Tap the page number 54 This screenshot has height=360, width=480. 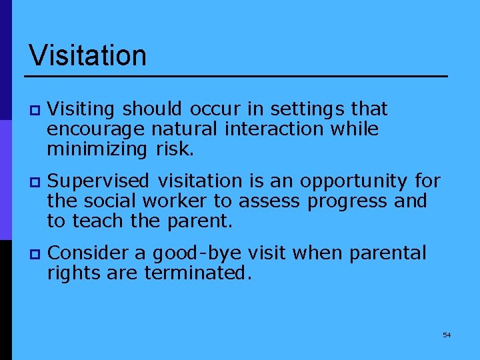tap(447, 335)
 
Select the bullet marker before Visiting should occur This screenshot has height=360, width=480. tap(35, 109)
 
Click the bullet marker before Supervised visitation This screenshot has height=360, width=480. tap(35, 182)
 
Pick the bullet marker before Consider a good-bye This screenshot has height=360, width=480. tap(35, 254)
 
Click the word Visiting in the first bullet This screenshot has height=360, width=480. tap(83, 109)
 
